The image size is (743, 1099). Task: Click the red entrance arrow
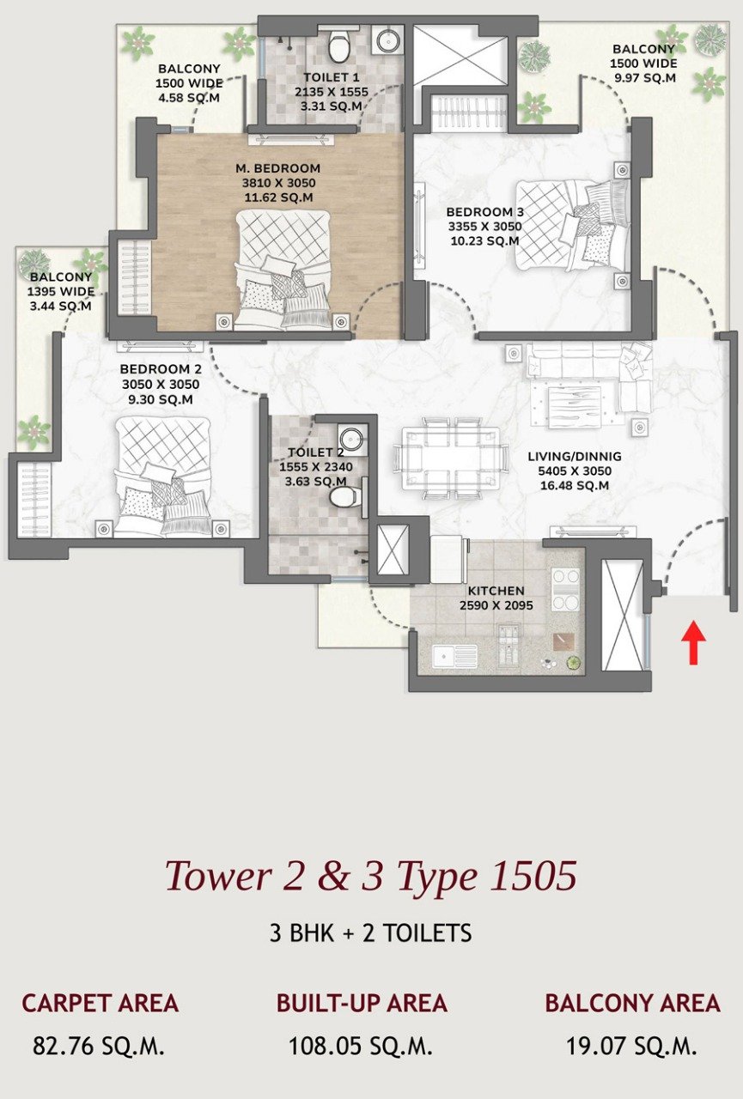[x=693, y=642]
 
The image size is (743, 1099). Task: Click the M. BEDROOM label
[x=277, y=168]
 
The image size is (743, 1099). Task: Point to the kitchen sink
[x=454, y=657]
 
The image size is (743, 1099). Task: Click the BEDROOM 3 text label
[x=484, y=212]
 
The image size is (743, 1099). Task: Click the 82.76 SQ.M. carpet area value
[x=98, y=1046]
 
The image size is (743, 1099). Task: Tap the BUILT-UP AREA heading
[x=362, y=1003]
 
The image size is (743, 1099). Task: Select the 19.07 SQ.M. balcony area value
[x=632, y=1046]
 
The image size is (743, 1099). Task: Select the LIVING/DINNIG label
[x=575, y=456]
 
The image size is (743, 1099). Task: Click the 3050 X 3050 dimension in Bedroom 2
[x=161, y=384]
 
